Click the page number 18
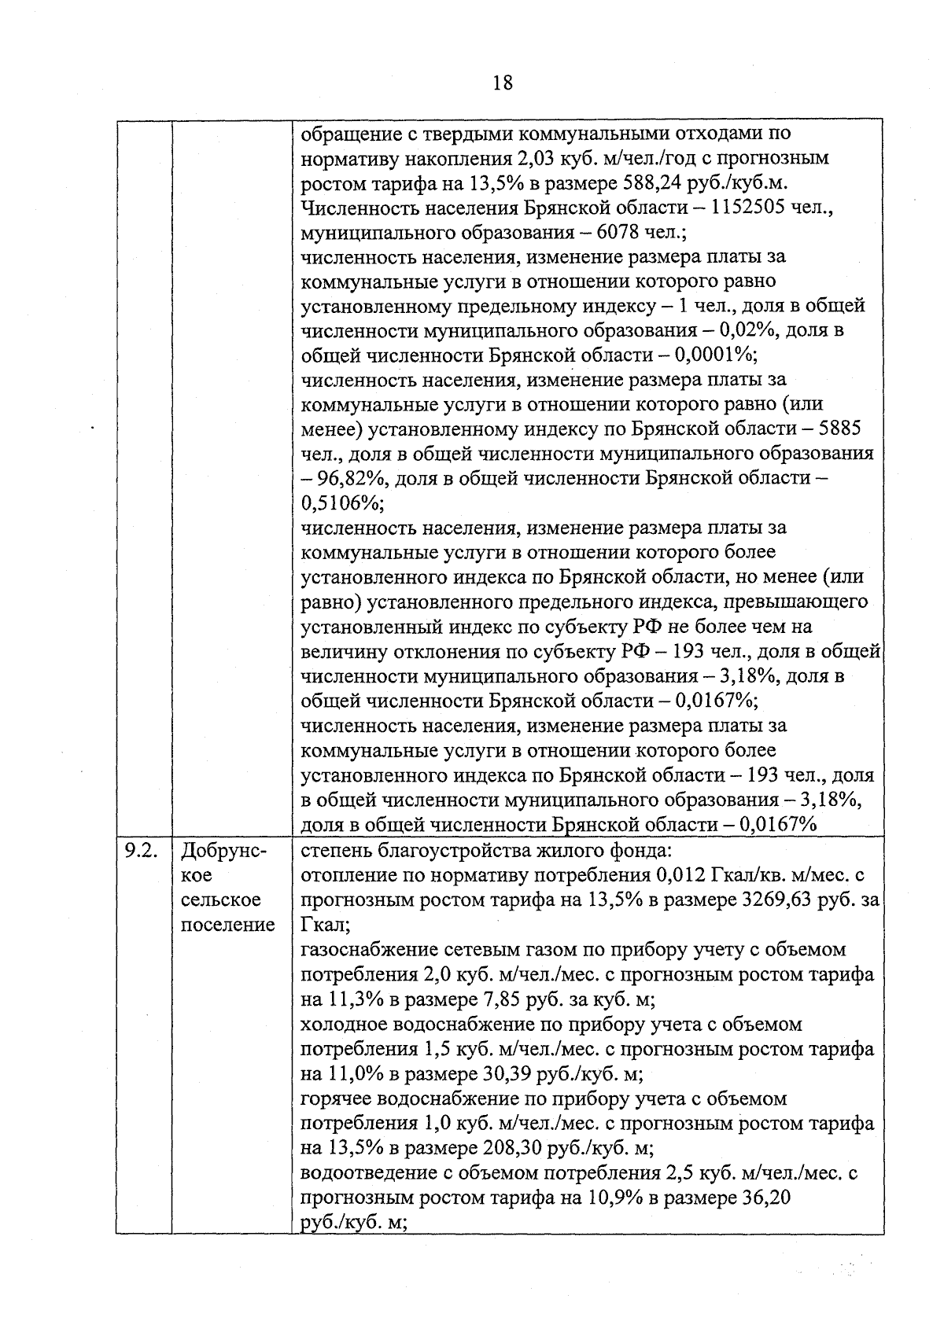click(x=503, y=83)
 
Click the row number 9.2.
click(x=142, y=850)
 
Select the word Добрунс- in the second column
click(x=223, y=850)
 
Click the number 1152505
click(x=754, y=208)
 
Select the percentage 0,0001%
click(x=715, y=355)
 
